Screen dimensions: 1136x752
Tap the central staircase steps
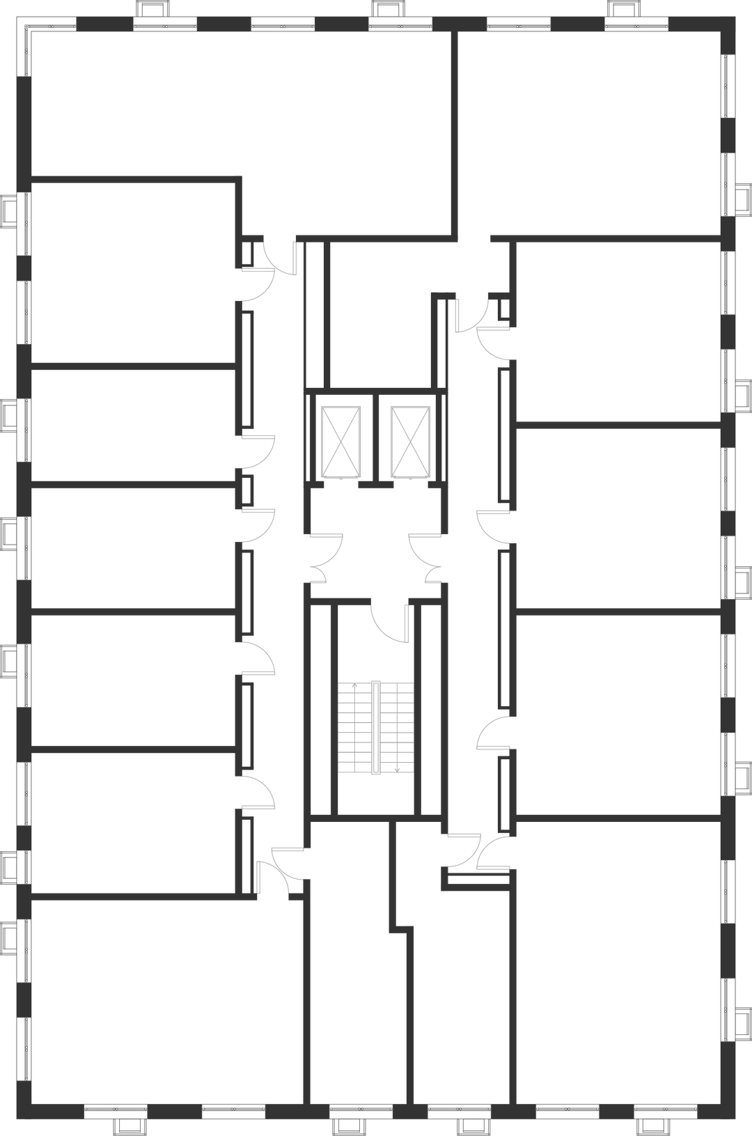coord(375,728)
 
